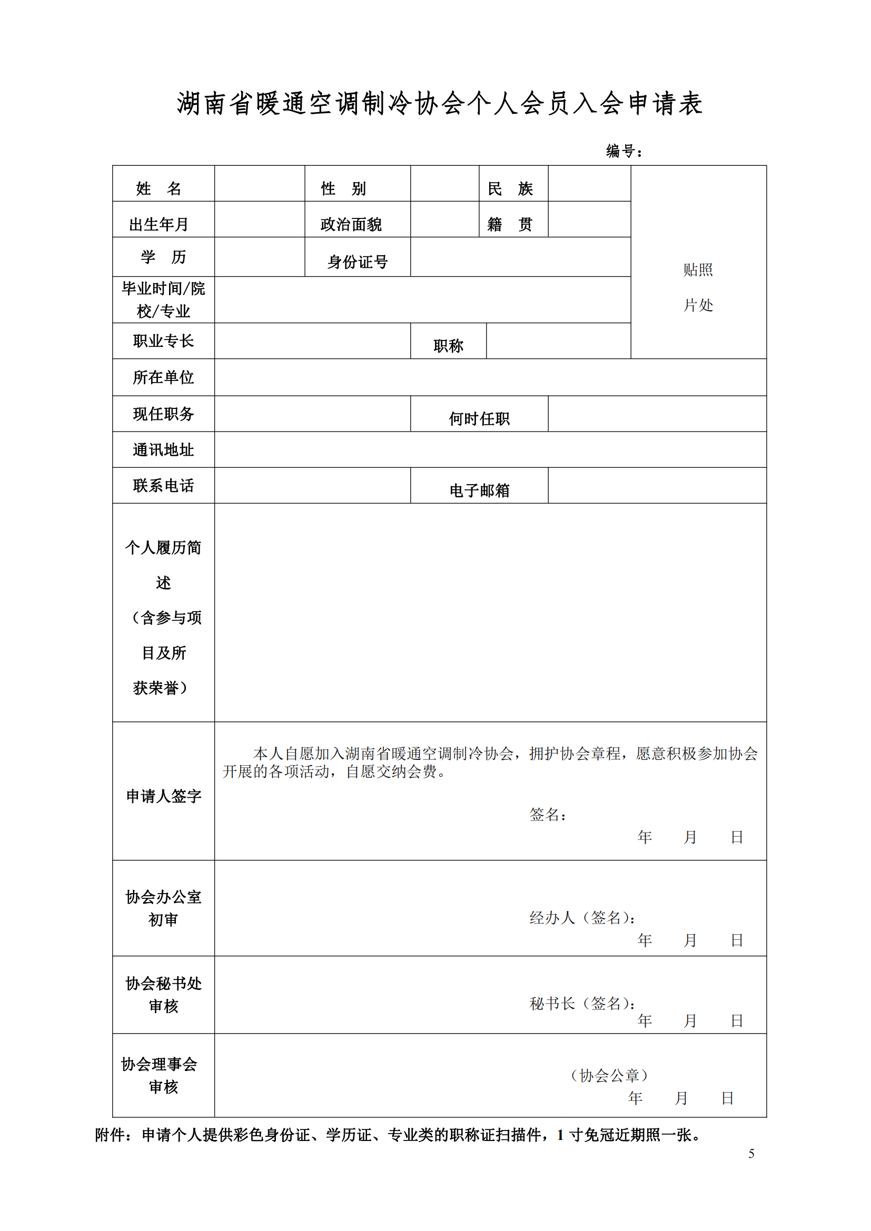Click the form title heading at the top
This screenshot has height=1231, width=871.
pyautogui.click(x=439, y=104)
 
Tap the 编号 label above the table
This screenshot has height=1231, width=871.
pyautogui.click(x=623, y=151)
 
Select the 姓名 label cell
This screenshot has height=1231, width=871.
pyautogui.click(x=159, y=188)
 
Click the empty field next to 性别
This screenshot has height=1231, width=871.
pyautogui.click(x=444, y=183)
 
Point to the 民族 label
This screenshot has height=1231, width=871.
pyautogui.click(x=510, y=188)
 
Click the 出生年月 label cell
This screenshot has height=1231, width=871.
pyautogui.click(x=159, y=224)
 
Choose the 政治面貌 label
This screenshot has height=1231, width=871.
pyautogui.click(x=351, y=224)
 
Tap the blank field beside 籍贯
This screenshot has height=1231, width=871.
pyautogui.click(x=589, y=219)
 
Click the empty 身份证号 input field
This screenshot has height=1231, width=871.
pyautogui.click(x=520, y=257)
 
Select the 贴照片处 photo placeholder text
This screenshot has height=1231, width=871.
pyautogui.click(x=698, y=287)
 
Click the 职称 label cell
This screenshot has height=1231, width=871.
pyautogui.click(x=448, y=346)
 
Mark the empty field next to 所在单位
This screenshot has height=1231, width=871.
pyautogui.click(x=490, y=377)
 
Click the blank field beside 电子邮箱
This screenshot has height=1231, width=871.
pyautogui.click(x=657, y=485)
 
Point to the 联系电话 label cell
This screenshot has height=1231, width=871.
pyautogui.click(x=163, y=486)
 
